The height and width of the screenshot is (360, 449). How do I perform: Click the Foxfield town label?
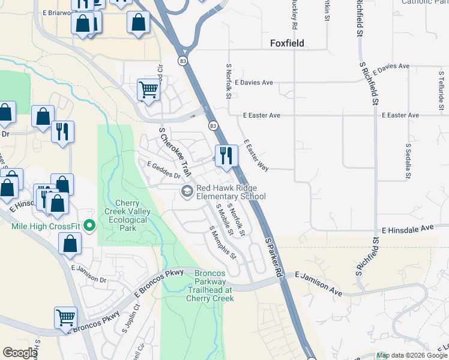287,43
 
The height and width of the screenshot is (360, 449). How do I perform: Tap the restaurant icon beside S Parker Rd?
226,155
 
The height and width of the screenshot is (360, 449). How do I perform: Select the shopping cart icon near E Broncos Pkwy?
65,318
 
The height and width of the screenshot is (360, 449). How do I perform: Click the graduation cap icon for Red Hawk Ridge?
187,191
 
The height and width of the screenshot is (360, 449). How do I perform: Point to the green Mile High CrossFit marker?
90,226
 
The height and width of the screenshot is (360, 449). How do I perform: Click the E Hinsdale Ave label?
408,229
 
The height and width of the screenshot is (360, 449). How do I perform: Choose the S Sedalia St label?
408,161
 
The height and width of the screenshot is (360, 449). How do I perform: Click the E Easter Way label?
255,155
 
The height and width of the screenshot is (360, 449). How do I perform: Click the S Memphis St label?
223,243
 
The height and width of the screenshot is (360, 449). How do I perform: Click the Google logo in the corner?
20,353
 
